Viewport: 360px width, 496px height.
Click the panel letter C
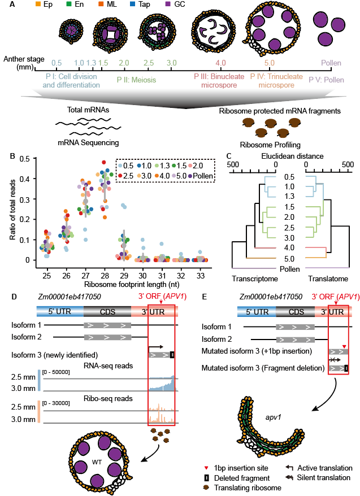228,156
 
